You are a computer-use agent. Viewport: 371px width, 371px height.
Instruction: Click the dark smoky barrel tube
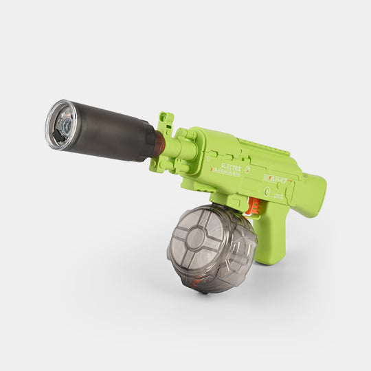coord(110,132)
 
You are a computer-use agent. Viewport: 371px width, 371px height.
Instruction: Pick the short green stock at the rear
coord(311,194)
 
